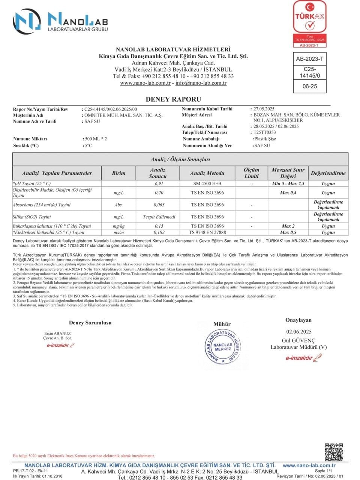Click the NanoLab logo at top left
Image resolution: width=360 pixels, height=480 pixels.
point(60,21)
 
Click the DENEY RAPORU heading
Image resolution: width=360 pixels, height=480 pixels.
point(173,99)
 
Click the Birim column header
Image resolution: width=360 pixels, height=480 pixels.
point(118,173)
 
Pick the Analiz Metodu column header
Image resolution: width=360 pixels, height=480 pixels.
point(207,173)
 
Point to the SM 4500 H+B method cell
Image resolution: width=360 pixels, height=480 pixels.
point(207,184)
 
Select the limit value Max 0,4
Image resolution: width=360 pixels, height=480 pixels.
point(288,193)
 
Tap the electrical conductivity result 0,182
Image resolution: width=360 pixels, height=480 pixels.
point(159,232)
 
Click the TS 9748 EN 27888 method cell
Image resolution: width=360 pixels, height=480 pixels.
point(207,232)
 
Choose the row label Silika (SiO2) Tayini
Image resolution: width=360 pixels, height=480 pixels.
point(31,217)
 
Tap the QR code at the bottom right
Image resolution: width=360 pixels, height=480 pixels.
point(334,452)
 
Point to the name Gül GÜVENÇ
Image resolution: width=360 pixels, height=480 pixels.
point(298,340)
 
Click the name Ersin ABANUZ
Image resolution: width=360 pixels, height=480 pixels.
point(57,333)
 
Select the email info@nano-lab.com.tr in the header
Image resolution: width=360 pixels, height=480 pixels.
point(201,83)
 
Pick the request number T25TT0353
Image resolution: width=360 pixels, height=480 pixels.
point(265,132)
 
